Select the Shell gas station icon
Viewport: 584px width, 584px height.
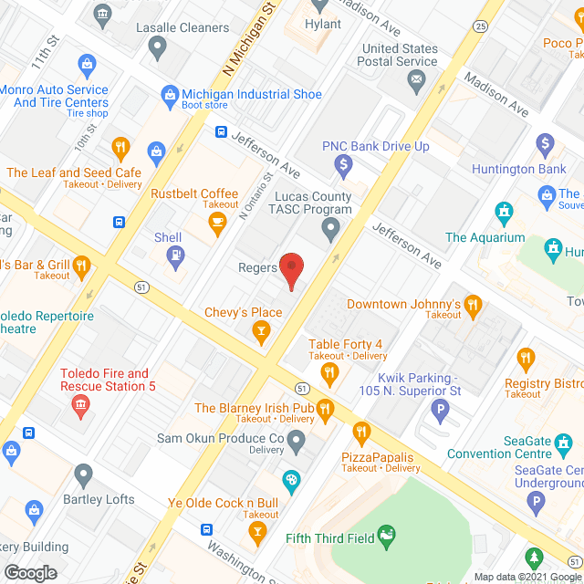174,259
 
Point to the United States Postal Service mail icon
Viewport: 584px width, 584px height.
417,82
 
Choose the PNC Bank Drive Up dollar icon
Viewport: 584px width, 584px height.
343,165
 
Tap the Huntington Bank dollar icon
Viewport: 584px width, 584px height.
545,144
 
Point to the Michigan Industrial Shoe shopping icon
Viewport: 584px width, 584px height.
169,95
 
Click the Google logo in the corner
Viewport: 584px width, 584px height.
30,572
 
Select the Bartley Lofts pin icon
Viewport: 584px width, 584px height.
83,474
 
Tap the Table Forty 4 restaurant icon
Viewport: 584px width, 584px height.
329,370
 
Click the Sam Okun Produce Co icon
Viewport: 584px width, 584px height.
296,442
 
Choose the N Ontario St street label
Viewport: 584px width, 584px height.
255,197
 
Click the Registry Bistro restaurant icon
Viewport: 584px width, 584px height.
525,358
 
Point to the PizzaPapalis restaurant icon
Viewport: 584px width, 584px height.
361,432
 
